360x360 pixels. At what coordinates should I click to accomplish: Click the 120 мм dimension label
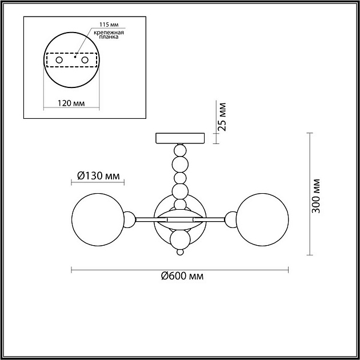coord(71,103)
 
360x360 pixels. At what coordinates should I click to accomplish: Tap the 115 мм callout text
coord(109,25)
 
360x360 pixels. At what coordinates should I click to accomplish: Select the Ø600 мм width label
coord(182,276)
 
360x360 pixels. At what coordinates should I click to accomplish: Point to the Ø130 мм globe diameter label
coord(98,176)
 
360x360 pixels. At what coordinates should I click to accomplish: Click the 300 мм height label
coord(316,196)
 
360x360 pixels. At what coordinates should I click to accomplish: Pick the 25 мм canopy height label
coord(222,117)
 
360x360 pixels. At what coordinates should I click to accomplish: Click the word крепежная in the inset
coord(109,33)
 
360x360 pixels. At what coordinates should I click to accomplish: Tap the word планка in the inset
coord(109,37)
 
